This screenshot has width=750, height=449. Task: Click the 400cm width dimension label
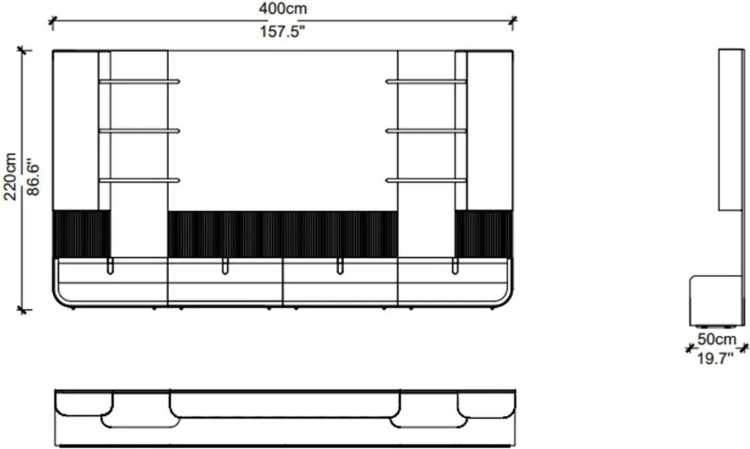[282, 9]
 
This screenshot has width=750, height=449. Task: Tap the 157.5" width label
[282, 32]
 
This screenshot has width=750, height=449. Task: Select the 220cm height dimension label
[10, 176]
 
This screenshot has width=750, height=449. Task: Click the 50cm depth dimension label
[716, 339]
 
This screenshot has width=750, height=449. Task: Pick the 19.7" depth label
[715, 358]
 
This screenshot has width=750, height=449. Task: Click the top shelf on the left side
[139, 82]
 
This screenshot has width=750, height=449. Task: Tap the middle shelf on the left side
[139, 131]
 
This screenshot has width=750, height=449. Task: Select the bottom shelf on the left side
[139, 180]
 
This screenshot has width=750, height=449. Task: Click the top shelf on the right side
[426, 82]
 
